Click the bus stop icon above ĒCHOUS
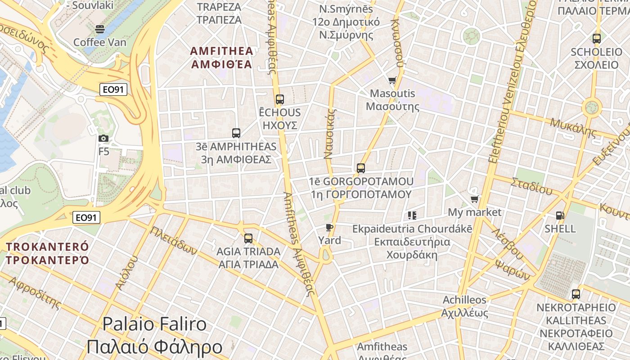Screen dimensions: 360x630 coord(280,99)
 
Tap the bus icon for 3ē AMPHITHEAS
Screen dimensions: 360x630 coord(236,133)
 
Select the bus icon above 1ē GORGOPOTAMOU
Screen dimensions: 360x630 coord(360,168)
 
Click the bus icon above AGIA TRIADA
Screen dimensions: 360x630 coord(248,238)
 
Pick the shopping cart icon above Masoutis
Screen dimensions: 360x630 coord(392,80)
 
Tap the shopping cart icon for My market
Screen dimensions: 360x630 coord(474,199)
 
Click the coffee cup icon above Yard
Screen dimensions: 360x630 coord(329,227)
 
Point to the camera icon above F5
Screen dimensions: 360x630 coord(103,138)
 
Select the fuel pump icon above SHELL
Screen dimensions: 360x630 coord(560,216)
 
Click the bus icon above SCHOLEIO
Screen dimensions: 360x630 coord(597,39)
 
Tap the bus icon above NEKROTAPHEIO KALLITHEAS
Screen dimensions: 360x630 coord(576,294)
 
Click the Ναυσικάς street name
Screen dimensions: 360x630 coord(330,134)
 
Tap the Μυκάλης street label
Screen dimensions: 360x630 coord(573,127)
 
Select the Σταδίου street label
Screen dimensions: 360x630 coord(531,185)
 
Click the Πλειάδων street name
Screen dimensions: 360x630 coord(173,240)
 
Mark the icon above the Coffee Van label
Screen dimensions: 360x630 coord(100,29)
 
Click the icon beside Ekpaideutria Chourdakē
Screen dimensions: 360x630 coord(412,216)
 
